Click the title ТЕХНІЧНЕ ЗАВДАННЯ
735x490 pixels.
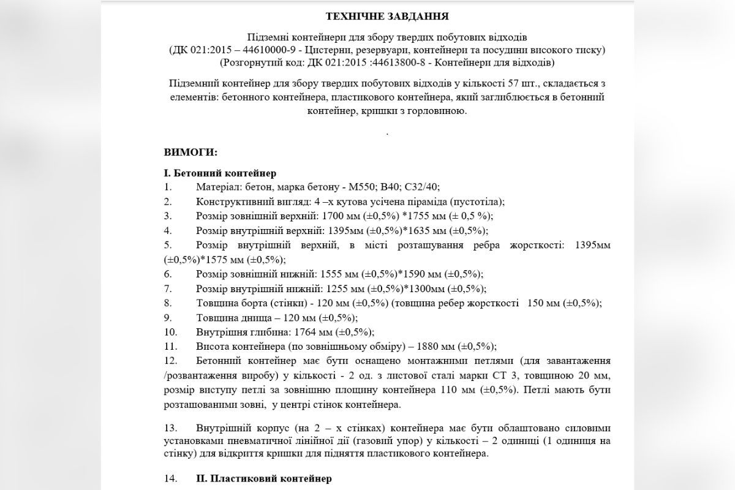387,15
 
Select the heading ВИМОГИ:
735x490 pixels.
190,152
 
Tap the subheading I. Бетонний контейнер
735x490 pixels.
221,173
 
